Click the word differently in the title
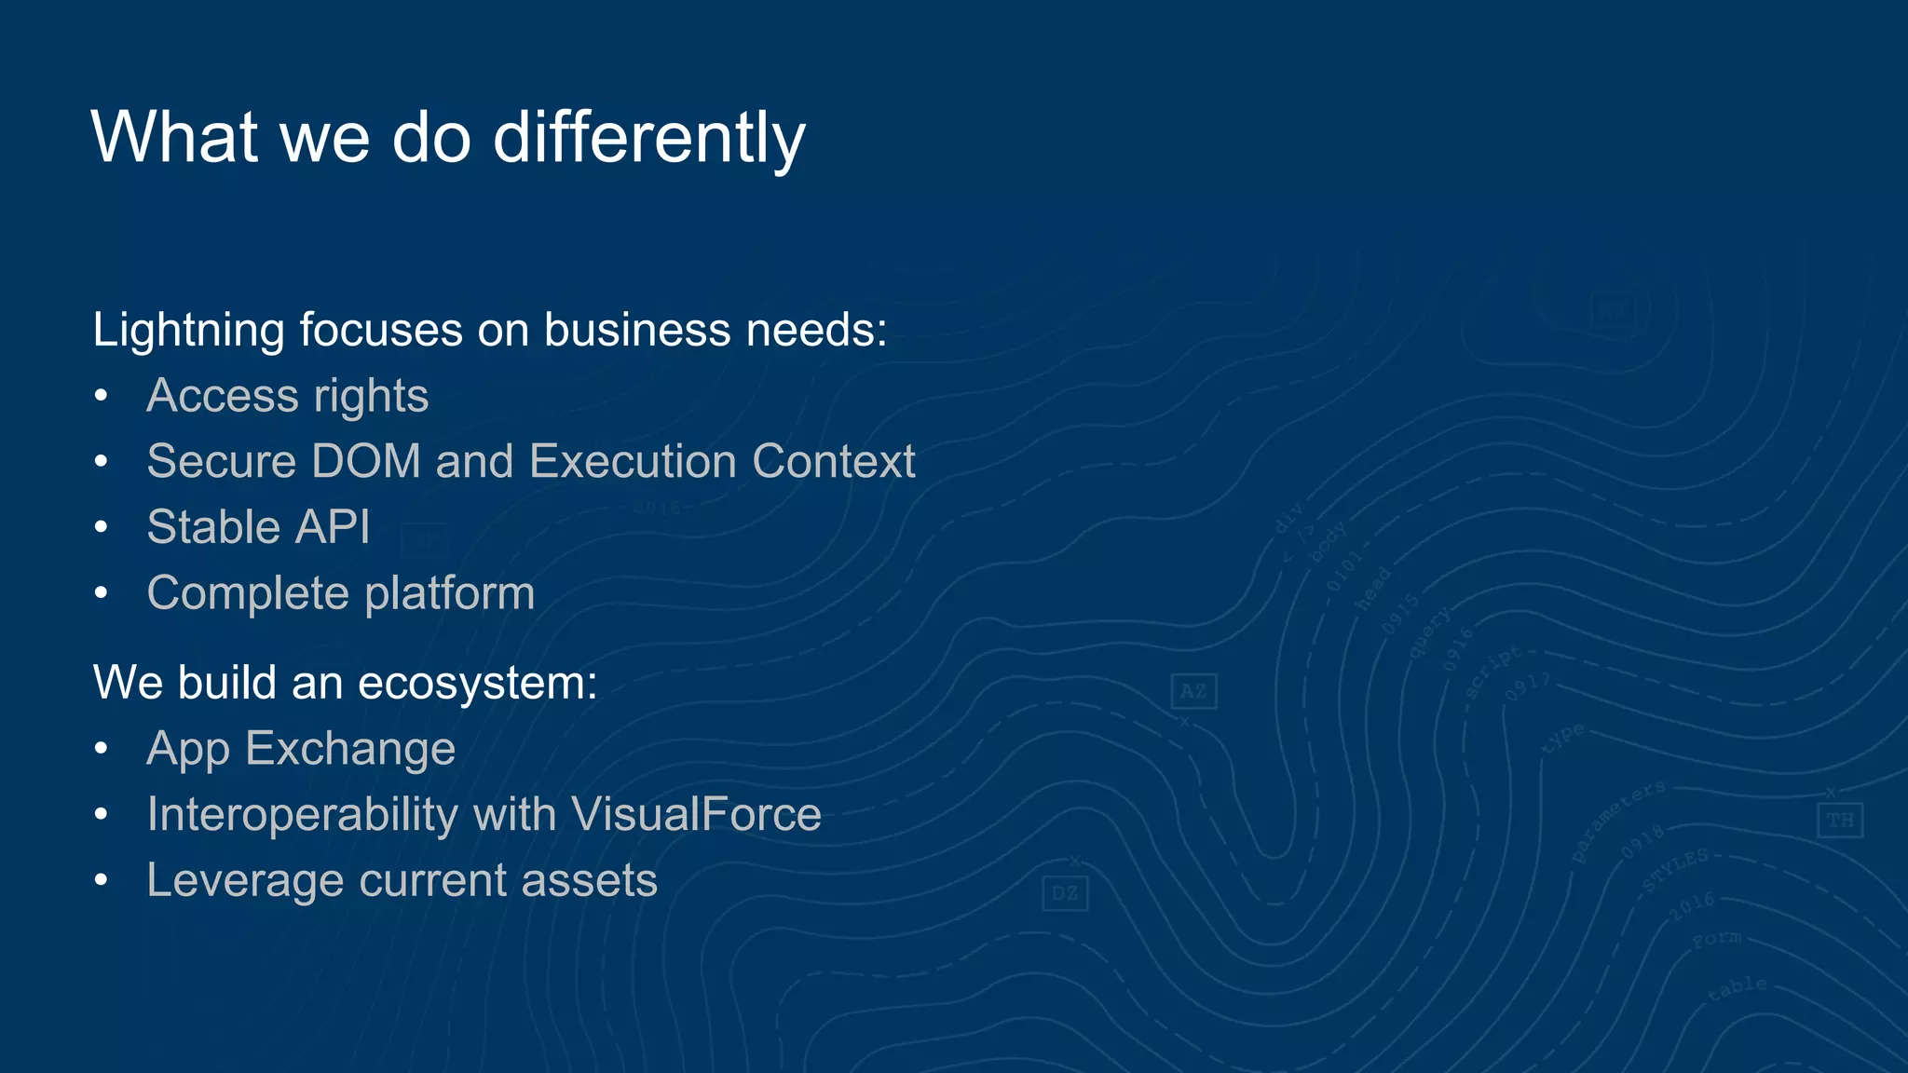coord(648,138)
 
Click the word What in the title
coord(174,138)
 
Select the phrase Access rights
coord(287,396)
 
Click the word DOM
coord(365,462)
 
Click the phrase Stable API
coord(258,527)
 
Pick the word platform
coord(450,593)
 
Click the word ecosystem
coord(477,684)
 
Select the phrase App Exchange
coord(301,749)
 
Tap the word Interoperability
coord(302,815)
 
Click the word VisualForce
coord(696,815)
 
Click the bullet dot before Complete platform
coord(102,593)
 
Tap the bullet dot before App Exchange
coord(102,749)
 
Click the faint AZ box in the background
coord(1193,691)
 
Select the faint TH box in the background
coord(1840,821)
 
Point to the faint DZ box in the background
coord(1065,894)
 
